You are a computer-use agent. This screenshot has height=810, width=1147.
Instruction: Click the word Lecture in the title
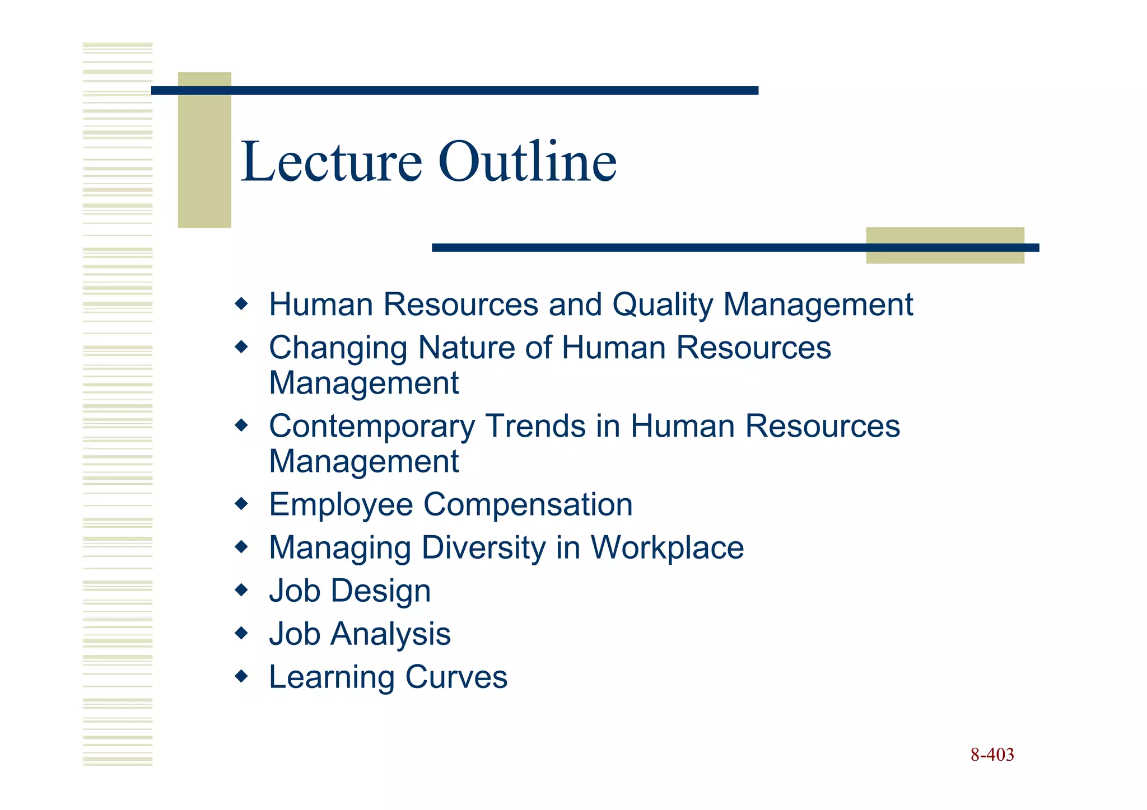pyautogui.click(x=330, y=162)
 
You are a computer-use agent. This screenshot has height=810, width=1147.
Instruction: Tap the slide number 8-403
pyautogui.click(x=992, y=755)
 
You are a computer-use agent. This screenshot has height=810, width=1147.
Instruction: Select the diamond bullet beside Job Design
pyautogui.click(x=241, y=589)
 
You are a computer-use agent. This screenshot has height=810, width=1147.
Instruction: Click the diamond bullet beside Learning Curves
pyautogui.click(x=241, y=676)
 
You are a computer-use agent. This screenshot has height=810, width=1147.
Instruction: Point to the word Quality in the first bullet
pyautogui.click(x=662, y=306)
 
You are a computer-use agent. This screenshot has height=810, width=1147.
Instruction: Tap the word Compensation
pyautogui.click(x=528, y=505)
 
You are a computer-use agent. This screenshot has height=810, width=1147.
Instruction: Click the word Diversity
pyautogui.click(x=483, y=548)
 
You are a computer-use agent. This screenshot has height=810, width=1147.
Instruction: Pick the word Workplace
pyautogui.click(x=667, y=548)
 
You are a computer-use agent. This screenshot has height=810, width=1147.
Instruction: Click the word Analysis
pyautogui.click(x=390, y=635)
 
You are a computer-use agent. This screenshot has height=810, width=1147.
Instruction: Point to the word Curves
pyautogui.click(x=456, y=677)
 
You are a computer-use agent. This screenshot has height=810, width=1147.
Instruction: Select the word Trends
pyautogui.click(x=535, y=427)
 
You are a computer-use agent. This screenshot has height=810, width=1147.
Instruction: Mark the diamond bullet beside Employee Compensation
pyautogui.click(x=241, y=504)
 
